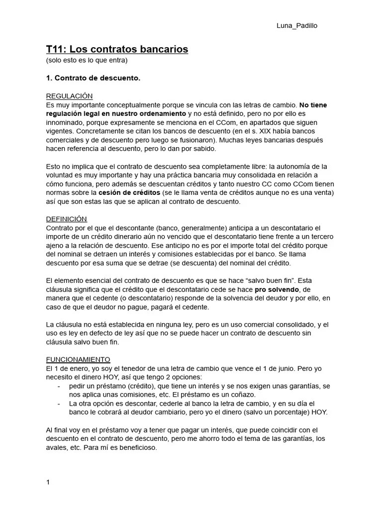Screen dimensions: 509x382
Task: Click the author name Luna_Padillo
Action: point(296,26)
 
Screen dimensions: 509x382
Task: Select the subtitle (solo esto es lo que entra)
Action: point(87,61)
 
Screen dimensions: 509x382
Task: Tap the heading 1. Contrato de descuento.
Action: point(93,79)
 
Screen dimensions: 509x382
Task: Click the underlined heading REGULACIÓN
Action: point(69,96)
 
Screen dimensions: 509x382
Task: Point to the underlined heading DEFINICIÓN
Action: point(66,219)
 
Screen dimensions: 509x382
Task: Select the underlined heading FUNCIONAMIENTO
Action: point(78,359)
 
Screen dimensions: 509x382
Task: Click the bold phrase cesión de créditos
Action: point(129,192)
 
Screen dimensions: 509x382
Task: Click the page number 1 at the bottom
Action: point(48,482)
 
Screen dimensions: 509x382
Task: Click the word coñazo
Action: point(244,395)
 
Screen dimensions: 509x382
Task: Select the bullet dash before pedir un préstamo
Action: point(59,386)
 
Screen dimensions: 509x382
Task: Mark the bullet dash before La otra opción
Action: point(59,404)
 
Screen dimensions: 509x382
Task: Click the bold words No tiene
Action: point(313,105)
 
